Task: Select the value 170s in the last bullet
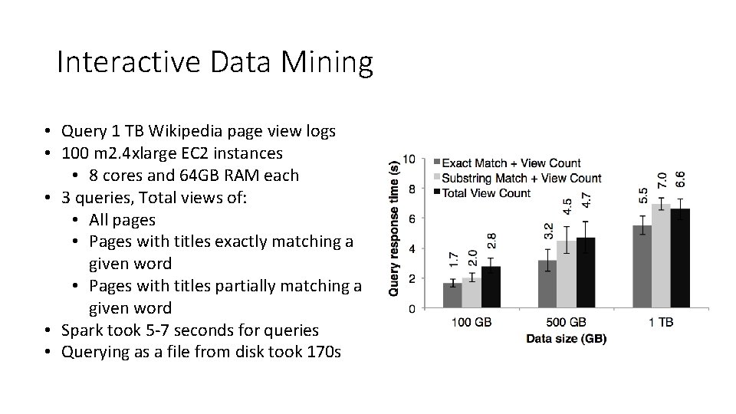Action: [x=325, y=353]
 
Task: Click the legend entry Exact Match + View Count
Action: [x=511, y=163]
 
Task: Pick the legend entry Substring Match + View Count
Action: [x=521, y=178]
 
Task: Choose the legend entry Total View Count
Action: [x=486, y=192]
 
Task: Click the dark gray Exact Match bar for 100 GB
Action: [x=452, y=296]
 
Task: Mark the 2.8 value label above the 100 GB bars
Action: [x=491, y=240]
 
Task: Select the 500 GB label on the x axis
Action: [x=567, y=324]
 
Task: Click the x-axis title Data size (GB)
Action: [x=566, y=338]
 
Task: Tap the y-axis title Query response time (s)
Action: [x=394, y=227]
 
